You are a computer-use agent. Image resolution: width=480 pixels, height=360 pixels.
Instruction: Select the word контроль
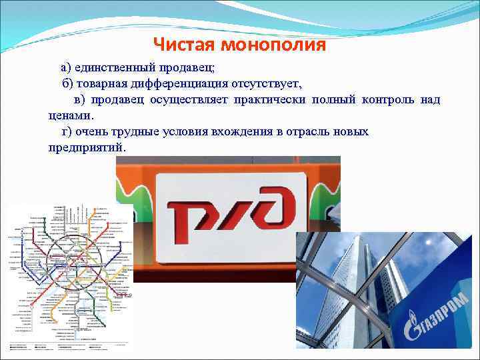(388, 100)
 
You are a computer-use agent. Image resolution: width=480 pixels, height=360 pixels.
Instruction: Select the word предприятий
(86, 147)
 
